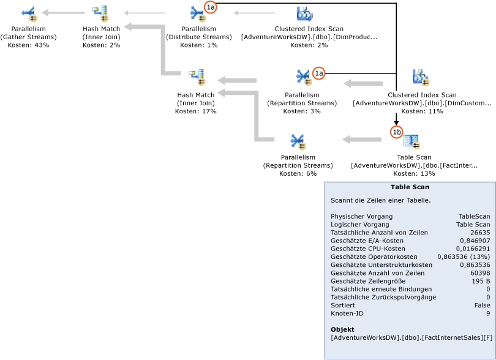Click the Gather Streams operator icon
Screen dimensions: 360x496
29,13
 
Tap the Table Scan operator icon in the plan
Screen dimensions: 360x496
411,141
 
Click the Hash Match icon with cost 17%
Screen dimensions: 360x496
197,78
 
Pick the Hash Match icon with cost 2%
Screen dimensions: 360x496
100,13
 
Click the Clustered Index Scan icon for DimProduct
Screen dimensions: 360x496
305,13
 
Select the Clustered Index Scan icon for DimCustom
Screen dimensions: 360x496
421,78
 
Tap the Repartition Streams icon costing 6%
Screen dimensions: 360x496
298,141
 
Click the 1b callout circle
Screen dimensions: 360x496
396,132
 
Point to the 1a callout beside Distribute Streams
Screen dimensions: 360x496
211,7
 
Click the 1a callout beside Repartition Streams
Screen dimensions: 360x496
318,73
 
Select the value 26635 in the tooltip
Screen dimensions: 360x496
479,232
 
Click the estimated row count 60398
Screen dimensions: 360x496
479,272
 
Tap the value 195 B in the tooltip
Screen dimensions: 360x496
481,280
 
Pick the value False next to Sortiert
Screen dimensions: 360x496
481,305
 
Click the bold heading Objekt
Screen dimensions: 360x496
342,330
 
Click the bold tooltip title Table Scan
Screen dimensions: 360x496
409,187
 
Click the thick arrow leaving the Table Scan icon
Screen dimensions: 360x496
361,140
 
